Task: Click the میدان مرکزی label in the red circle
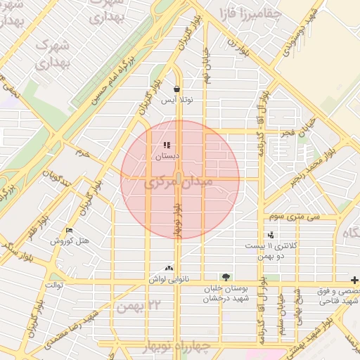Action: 179,184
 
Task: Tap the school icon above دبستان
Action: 167,146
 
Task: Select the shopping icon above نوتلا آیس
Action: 176,89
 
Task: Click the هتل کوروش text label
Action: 70,240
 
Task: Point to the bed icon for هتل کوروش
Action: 69,230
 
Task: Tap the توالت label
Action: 55,285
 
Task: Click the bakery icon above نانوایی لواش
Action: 168,268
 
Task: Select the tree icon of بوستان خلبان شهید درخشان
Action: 226,277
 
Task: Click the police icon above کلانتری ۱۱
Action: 271,235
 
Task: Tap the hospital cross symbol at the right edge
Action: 354,279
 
